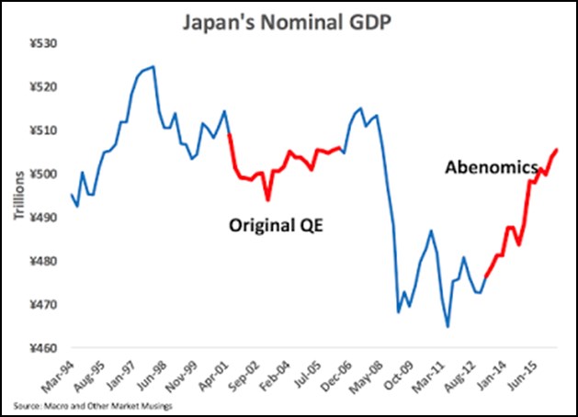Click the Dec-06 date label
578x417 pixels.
323,371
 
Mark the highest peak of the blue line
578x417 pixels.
153,66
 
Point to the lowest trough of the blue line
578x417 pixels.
448,326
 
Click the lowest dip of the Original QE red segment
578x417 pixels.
267,200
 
